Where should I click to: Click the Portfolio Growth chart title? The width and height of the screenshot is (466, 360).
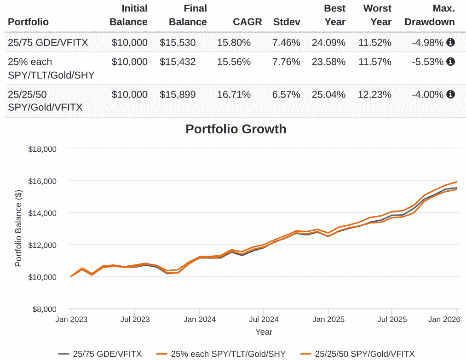tap(236, 129)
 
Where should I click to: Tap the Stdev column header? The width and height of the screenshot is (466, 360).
tap(287, 22)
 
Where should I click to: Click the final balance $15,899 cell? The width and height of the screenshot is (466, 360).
tap(178, 95)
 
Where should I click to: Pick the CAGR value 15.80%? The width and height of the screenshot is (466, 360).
tap(234, 43)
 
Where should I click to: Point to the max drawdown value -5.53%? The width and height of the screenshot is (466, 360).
tap(428, 62)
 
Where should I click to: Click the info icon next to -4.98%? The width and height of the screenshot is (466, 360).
tap(451, 42)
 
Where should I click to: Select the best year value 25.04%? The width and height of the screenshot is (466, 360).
tap(328, 95)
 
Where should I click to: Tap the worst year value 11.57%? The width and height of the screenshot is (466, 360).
tap(375, 62)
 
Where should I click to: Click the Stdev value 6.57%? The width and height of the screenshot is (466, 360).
tap(286, 95)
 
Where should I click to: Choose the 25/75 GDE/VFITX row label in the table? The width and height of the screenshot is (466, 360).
tap(48, 43)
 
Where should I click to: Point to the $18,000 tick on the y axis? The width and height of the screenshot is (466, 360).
tap(42, 149)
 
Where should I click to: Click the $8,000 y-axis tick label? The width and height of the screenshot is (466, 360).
tap(44, 309)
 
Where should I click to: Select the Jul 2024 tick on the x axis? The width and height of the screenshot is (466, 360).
tap(264, 319)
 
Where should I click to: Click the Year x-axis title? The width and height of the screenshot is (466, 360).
tap(264, 331)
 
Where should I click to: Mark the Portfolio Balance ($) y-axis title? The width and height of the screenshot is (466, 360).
tap(18, 229)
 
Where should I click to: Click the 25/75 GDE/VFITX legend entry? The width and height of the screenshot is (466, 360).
tap(100, 354)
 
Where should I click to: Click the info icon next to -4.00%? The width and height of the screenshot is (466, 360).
tap(451, 94)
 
